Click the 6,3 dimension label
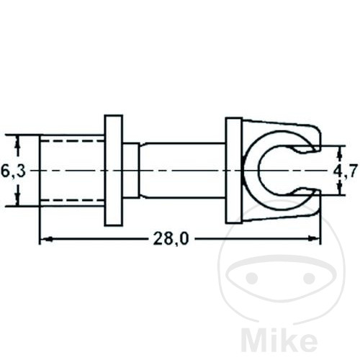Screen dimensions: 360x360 (x=12, y=171)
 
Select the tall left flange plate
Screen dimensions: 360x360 (x=113, y=170)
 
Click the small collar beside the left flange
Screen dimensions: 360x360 (x=130, y=170)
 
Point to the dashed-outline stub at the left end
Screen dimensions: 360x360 (x=71, y=170)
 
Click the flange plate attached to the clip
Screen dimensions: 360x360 (x=233, y=170)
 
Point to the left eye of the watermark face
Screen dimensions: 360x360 (x=252, y=277)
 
